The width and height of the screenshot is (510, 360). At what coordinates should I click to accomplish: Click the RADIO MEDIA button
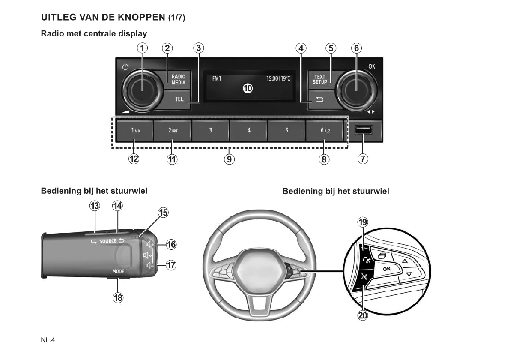tap(178, 80)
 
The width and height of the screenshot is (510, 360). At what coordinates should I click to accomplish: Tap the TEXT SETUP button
tap(320, 80)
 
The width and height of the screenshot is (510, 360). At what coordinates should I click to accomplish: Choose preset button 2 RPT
tap(173, 130)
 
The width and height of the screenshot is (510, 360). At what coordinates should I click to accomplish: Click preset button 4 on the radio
tap(249, 130)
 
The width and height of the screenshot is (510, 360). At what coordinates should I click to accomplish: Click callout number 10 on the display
tap(248, 88)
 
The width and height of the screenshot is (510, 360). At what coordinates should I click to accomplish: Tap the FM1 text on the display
tap(217, 79)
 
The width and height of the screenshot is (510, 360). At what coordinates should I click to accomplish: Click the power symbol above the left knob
tap(125, 67)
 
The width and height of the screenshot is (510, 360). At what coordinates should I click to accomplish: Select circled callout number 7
tap(363, 159)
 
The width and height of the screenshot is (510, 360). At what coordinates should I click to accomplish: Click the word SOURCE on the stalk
tap(108, 241)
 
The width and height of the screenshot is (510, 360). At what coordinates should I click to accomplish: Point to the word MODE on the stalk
tap(118, 271)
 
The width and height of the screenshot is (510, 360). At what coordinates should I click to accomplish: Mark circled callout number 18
tap(118, 297)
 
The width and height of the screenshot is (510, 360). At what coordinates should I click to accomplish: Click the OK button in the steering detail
tap(387, 269)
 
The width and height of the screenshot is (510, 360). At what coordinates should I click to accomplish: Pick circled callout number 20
tap(363, 315)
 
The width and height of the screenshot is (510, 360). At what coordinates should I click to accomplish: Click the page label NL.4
tap(48, 340)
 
